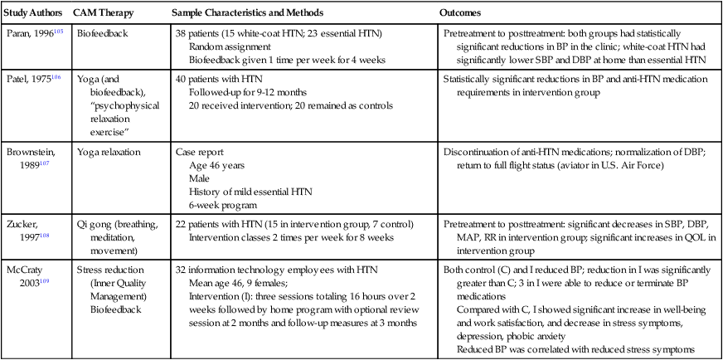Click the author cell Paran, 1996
[x=26, y=37]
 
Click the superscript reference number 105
[x=56, y=36]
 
